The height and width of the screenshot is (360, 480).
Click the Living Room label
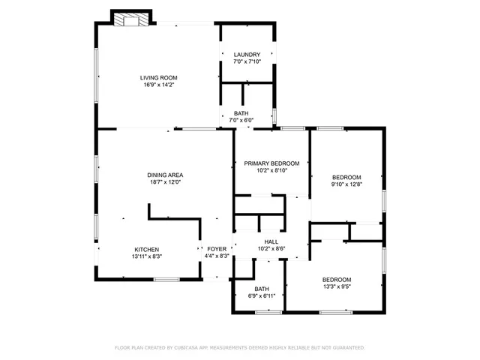pyautogui.click(x=158, y=77)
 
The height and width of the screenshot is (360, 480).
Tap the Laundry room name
pyautogui.click(x=247, y=55)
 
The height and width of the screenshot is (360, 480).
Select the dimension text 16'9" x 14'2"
pyautogui.click(x=158, y=85)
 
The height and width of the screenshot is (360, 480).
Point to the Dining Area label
pyautogui.click(x=165, y=175)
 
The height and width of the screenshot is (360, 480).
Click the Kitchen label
pyautogui.click(x=146, y=250)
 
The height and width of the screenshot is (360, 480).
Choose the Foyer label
pyautogui.click(x=217, y=249)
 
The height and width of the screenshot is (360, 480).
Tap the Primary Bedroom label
pyautogui.click(x=271, y=163)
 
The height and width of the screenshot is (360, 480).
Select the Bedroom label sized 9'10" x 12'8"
pyautogui.click(x=346, y=177)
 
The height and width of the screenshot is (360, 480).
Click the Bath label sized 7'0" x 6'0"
pyautogui.click(x=241, y=113)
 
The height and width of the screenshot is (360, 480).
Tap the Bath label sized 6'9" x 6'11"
pyautogui.click(x=261, y=289)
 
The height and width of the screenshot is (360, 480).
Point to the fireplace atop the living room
pyautogui.click(x=130, y=20)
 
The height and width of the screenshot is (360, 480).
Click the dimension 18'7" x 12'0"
pyautogui.click(x=165, y=182)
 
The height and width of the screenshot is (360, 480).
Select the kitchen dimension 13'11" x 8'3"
pyautogui.click(x=146, y=256)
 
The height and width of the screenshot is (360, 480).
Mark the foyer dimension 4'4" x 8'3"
pyautogui.click(x=217, y=256)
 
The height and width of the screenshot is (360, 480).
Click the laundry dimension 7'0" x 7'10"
pyautogui.click(x=247, y=61)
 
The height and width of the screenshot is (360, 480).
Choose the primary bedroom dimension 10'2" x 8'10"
pyautogui.click(x=271, y=171)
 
